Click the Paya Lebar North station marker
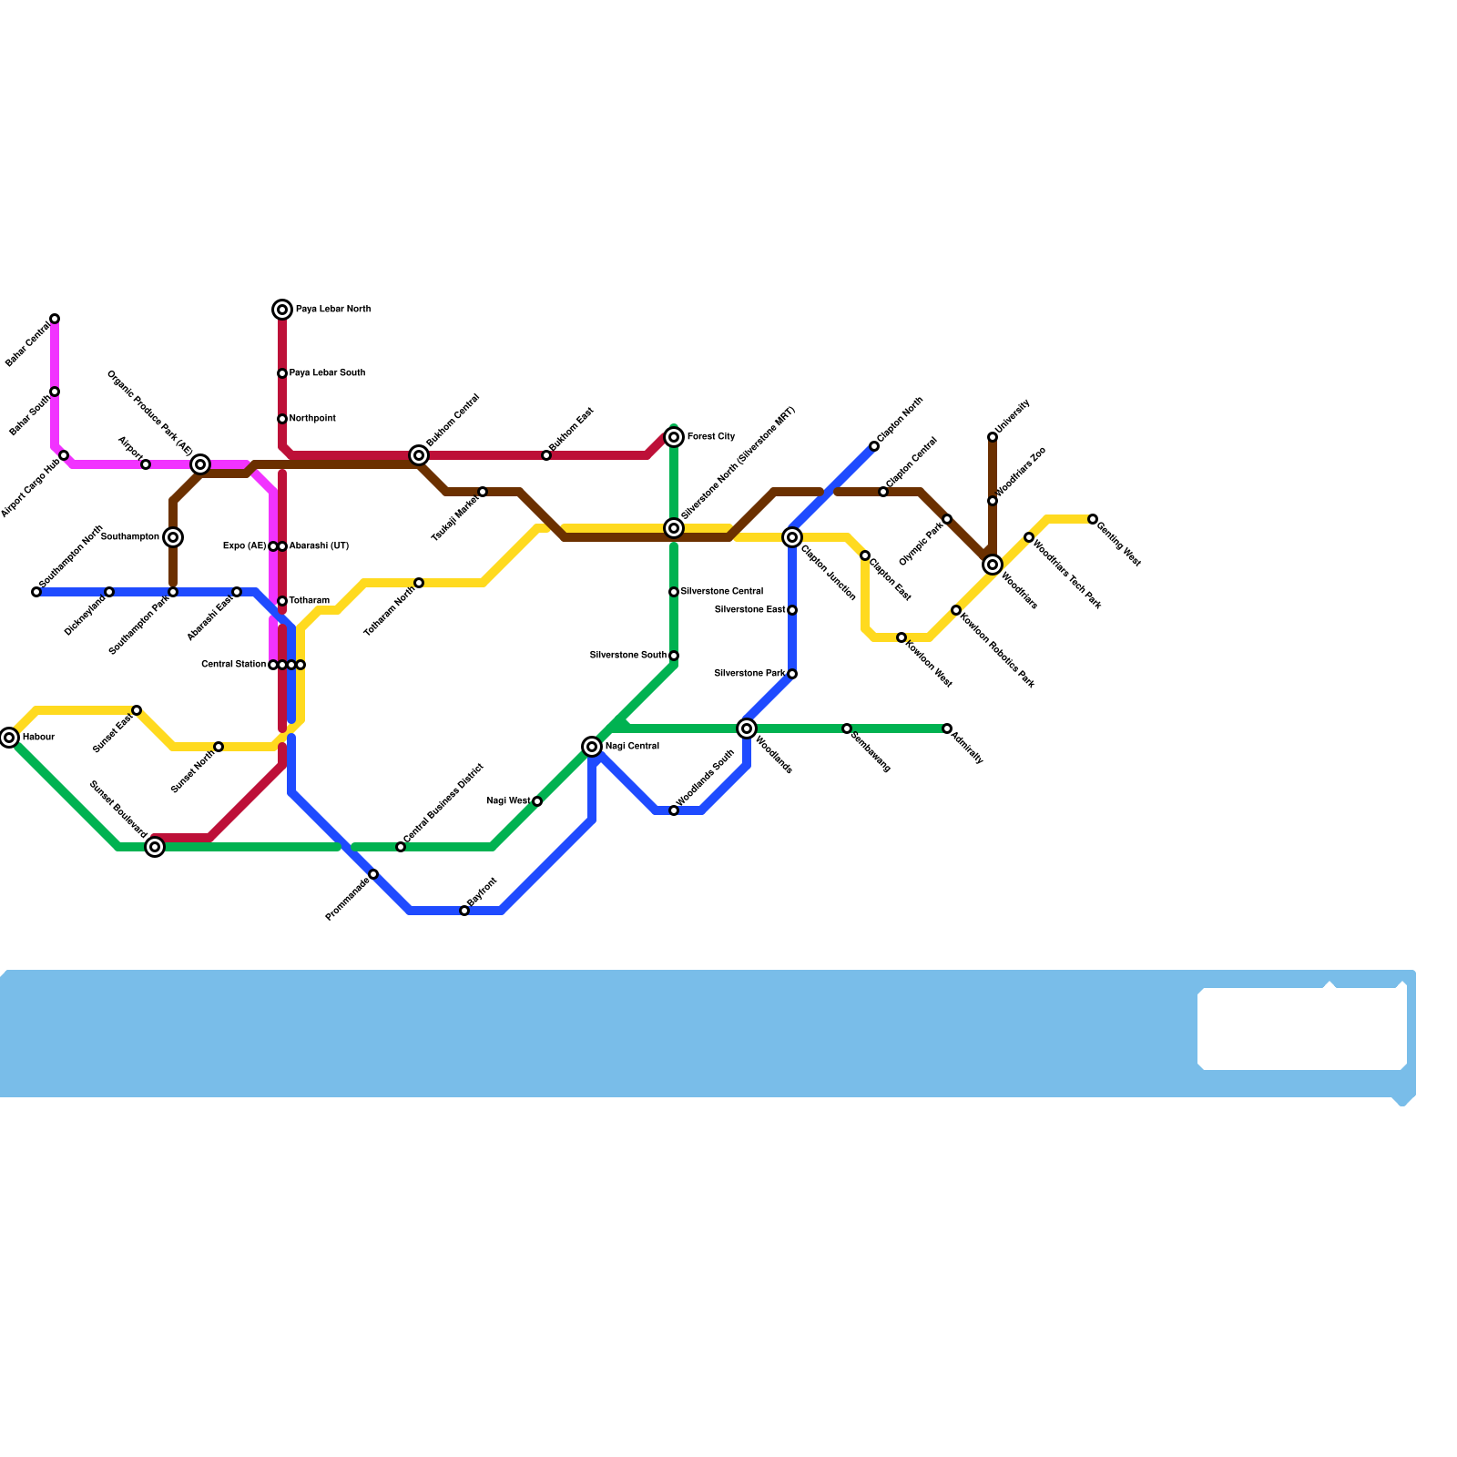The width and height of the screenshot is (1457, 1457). [x=282, y=310]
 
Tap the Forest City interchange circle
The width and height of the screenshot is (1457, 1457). [x=674, y=438]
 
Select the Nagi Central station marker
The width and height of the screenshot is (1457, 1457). [x=592, y=747]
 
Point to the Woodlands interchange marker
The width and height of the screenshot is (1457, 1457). [x=747, y=728]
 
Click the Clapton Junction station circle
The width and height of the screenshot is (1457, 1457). [x=792, y=537]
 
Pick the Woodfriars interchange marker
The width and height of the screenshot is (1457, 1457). [x=993, y=565]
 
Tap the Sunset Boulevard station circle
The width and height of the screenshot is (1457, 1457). [x=156, y=847]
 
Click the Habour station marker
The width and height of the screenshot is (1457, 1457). [x=9, y=738]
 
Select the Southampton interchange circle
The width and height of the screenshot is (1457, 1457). [x=173, y=537]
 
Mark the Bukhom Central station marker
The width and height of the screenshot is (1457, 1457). [x=419, y=455]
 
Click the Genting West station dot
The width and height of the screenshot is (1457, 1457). [x=1093, y=519]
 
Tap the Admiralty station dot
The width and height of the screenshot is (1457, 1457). [x=947, y=728]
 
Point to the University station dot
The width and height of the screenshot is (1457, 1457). [x=993, y=437]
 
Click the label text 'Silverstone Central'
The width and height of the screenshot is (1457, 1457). [x=721, y=592]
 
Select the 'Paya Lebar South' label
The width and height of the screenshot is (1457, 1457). [x=327, y=373]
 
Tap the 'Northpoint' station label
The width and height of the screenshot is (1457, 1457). [x=312, y=419]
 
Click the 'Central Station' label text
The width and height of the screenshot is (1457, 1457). [x=233, y=665]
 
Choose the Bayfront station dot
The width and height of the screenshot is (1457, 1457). [x=464, y=911]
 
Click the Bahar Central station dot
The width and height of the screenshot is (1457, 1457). [x=55, y=319]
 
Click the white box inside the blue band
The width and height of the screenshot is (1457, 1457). [x=1302, y=1029]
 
